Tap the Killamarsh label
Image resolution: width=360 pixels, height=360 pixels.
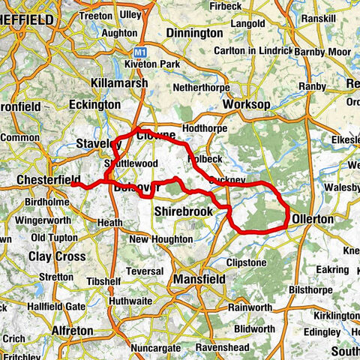[120, 82]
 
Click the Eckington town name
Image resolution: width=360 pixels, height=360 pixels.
[94, 106]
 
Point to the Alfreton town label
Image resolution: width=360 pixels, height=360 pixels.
[73, 329]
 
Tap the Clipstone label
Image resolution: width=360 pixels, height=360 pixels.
[244, 263]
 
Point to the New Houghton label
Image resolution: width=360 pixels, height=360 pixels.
[160, 239]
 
